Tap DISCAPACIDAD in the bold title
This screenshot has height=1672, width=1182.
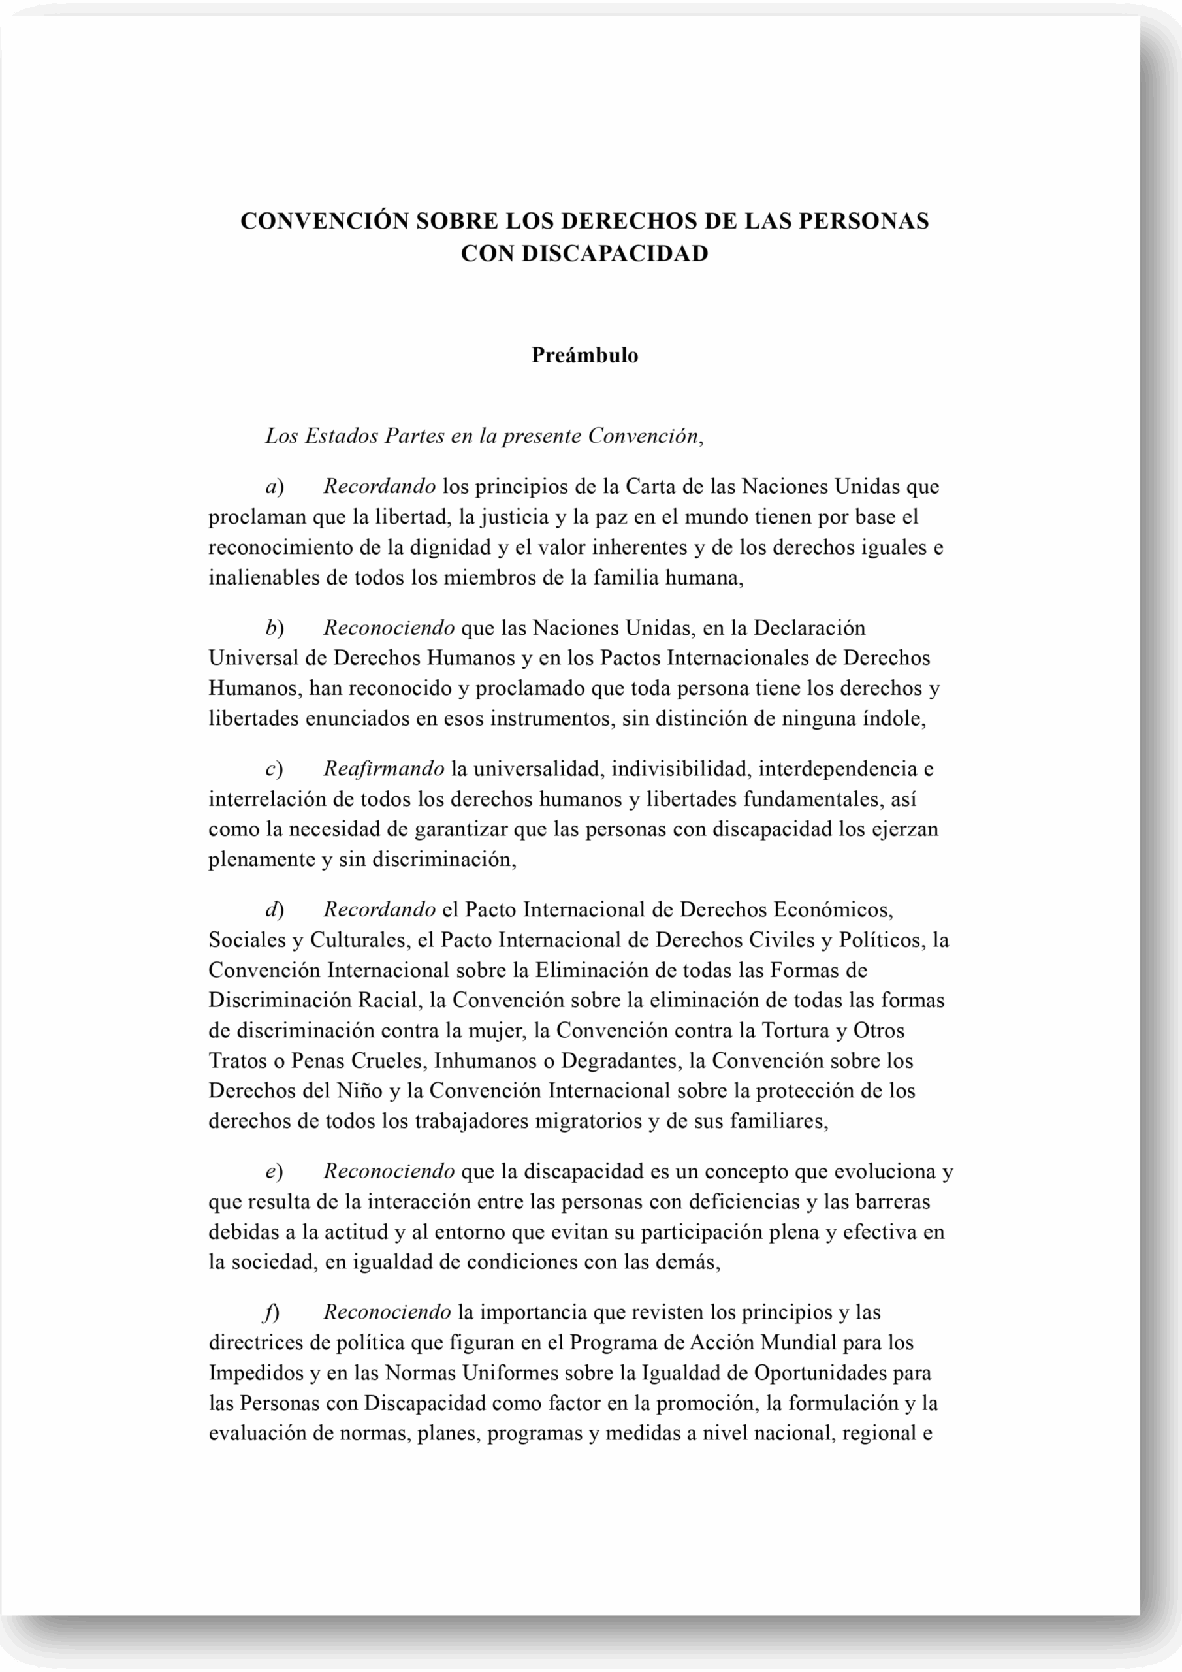click(x=615, y=253)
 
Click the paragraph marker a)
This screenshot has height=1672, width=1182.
click(x=274, y=486)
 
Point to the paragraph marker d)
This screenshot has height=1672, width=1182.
click(x=274, y=910)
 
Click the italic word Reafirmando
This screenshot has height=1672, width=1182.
click(x=383, y=768)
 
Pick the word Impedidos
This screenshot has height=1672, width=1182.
click(x=255, y=1373)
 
